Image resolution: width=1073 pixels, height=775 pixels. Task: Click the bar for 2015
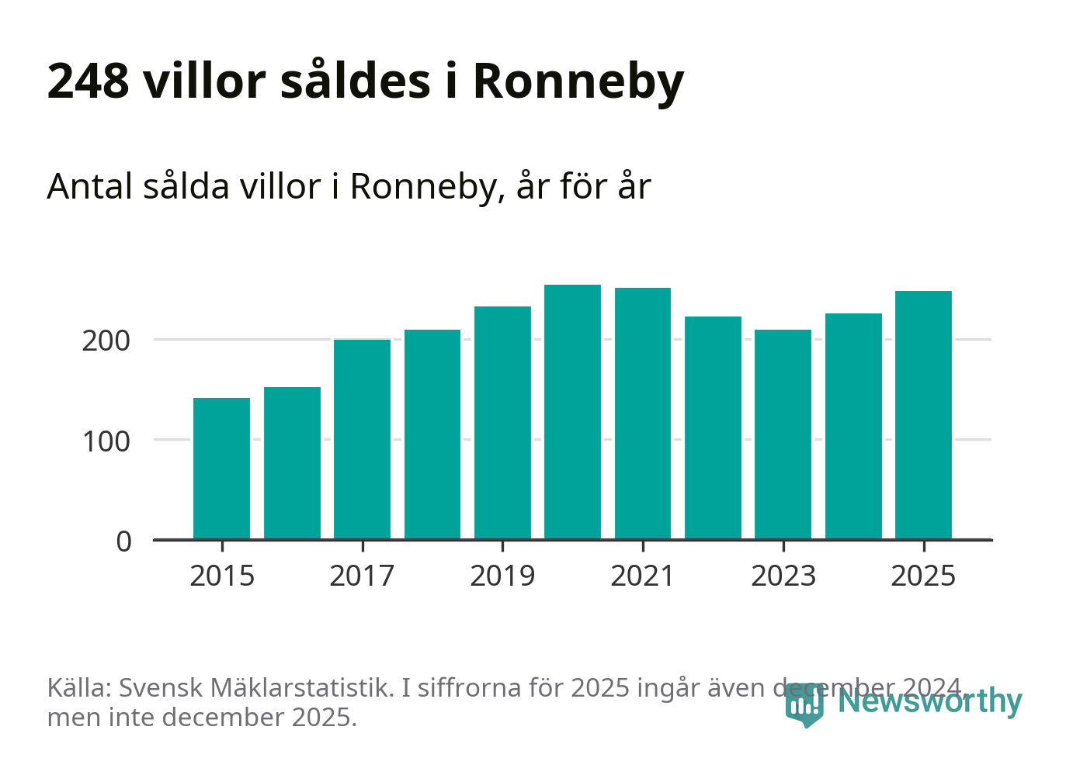(221, 469)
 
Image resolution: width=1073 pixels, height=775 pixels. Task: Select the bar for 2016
(292, 463)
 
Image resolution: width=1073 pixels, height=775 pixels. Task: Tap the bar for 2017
(362, 439)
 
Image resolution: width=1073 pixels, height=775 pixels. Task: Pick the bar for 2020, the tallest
(572, 412)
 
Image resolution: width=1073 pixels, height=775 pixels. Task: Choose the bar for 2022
(713, 427)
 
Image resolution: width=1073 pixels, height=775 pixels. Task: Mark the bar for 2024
(853, 426)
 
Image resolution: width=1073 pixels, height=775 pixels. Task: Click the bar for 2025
(923, 415)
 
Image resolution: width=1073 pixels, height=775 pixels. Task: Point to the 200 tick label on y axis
(106, 341)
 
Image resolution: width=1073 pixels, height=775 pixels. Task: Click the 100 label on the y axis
(106, 441)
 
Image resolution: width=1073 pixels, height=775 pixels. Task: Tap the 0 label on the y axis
(124, 541)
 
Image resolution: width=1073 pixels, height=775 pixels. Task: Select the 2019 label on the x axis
(502, 576)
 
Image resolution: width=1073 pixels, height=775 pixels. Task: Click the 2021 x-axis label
(643, 576)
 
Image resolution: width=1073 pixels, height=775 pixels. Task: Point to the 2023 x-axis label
(783, 576)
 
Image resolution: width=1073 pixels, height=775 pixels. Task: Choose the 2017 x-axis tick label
(362, 576)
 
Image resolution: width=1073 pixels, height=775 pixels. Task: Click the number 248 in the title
(88, 81)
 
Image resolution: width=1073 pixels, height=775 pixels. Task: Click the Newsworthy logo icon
(804, 704)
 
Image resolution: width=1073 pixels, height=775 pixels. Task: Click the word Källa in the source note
(79, 687)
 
